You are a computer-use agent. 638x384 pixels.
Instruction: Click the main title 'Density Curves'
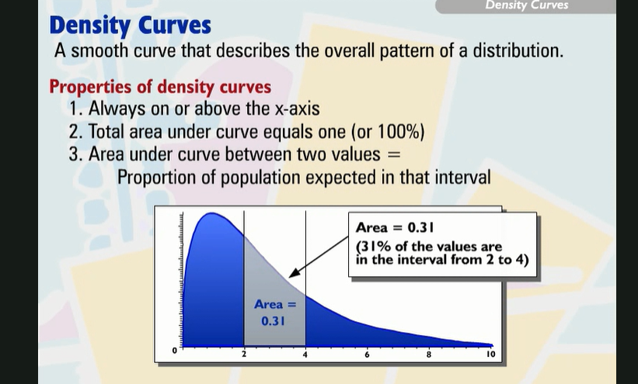(x=130, y=25)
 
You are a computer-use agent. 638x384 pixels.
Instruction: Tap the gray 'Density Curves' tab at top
(x=526, y=5)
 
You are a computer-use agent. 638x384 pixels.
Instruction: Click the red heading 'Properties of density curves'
(x=160, y=86)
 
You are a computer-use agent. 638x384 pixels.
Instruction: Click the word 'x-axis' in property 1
(x=290, y=109)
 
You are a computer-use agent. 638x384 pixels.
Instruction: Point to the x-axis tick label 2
(x=243, y=355)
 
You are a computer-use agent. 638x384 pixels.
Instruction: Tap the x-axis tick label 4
(x=305, y=355)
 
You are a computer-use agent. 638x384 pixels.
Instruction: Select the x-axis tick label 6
(x=367, y=355)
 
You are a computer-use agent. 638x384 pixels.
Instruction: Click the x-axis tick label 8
(x=428, y=355)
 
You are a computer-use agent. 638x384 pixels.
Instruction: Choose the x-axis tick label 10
(x=490, y=355)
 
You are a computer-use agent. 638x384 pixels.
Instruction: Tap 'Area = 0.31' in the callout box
(x=394, y=228)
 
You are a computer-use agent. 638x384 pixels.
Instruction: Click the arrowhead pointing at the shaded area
(x=293, y=274)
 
